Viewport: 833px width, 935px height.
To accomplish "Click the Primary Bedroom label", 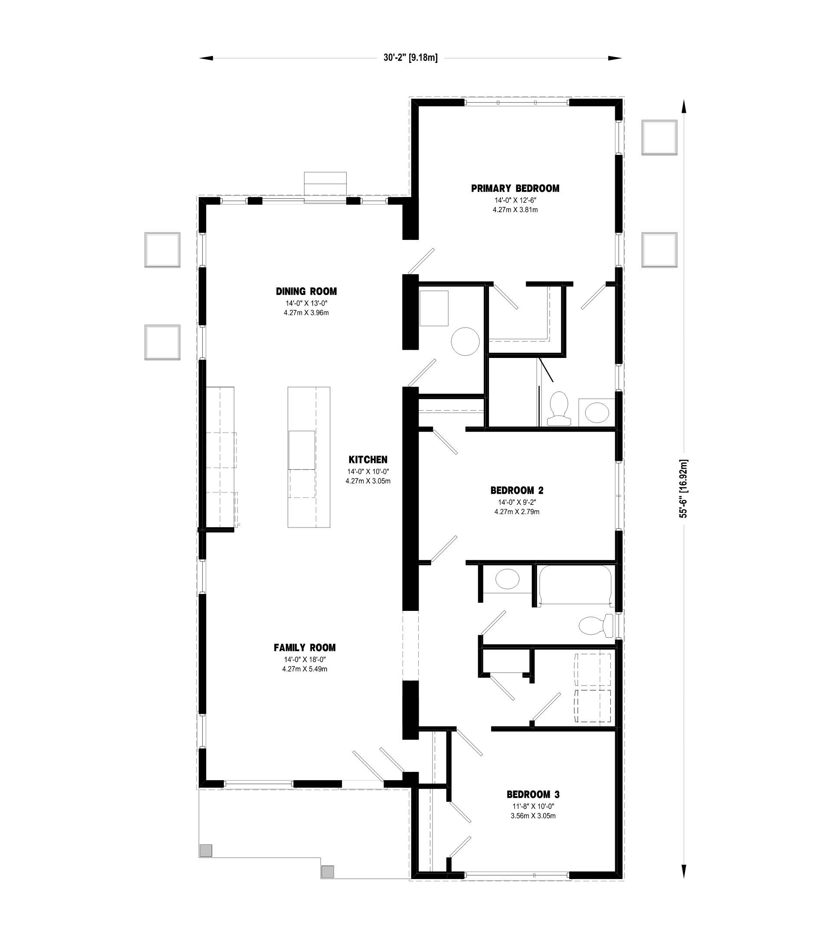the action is (x=515, y=189).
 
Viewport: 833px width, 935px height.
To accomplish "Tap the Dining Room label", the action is (x=306, y=292).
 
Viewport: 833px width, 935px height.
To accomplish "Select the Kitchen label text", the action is (x=368, y=459).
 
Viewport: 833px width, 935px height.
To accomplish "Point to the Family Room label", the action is (x=305, y=648).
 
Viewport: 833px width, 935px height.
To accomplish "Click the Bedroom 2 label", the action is (x=517, y=491).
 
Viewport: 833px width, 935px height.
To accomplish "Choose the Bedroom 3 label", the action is (x=533, y=794).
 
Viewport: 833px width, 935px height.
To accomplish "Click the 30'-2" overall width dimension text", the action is (x=410, y=58).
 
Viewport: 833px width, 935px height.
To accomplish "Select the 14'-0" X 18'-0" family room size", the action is (x=305, y=659).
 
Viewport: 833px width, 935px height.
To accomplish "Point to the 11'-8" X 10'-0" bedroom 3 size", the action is (x=533, y=807).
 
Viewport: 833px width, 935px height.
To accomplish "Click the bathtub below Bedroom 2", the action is (x=575, y=586).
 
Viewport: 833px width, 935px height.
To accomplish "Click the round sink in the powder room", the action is (x=465, y=341).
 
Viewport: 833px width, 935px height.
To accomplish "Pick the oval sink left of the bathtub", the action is (x=508, y=579).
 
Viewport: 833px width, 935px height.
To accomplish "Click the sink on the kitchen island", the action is (x=302, y=450).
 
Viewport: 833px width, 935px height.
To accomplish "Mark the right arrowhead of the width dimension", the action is (x=615, y=58).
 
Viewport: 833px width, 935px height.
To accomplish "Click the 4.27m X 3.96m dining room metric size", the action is (x=306, y=313).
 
